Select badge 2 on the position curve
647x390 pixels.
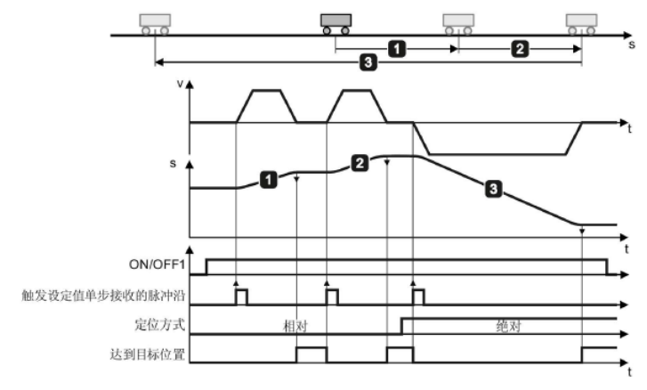[x=360, y=163]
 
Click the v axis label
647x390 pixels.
[x=181, y=85]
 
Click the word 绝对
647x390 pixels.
[x=508, y=327]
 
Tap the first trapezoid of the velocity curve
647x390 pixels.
[x=267, y=105]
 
